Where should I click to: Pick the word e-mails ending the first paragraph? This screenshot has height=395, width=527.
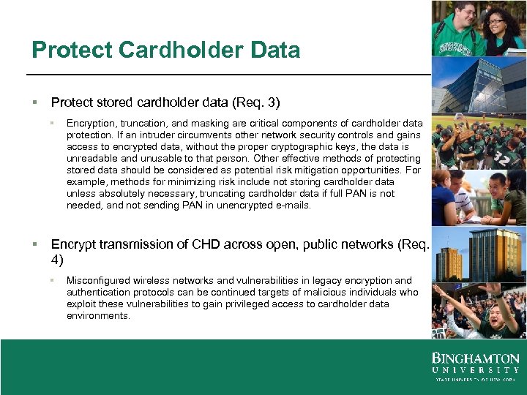(x=294, y=206)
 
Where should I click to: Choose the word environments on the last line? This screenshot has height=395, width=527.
(x=98, y=316)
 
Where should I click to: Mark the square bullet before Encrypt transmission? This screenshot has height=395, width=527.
(x=35, y=244)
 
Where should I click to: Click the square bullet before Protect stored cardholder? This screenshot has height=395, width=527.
(x=35, y=102)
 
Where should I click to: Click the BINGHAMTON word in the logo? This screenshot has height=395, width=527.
(x=475, y=358)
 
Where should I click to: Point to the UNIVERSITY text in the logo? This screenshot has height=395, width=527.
(x=475, y=370)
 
